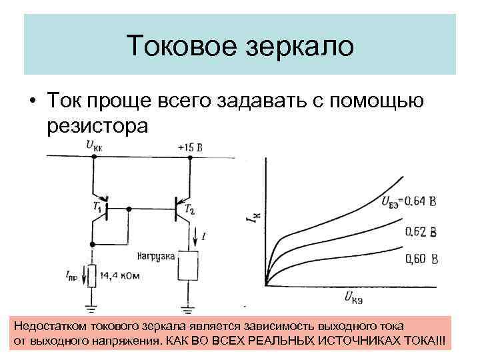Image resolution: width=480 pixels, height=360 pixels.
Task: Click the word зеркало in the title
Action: (301, 46)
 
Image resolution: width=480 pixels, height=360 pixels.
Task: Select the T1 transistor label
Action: (97, 208)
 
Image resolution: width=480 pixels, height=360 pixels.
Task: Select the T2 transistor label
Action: (191, 211)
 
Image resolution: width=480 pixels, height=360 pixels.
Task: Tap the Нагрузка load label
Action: (156, 256)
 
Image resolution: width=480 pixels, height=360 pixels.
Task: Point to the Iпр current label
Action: (73, 275)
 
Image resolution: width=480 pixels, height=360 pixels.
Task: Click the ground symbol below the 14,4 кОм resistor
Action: (93, 308)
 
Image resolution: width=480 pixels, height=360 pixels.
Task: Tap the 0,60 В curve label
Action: (421, 259)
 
